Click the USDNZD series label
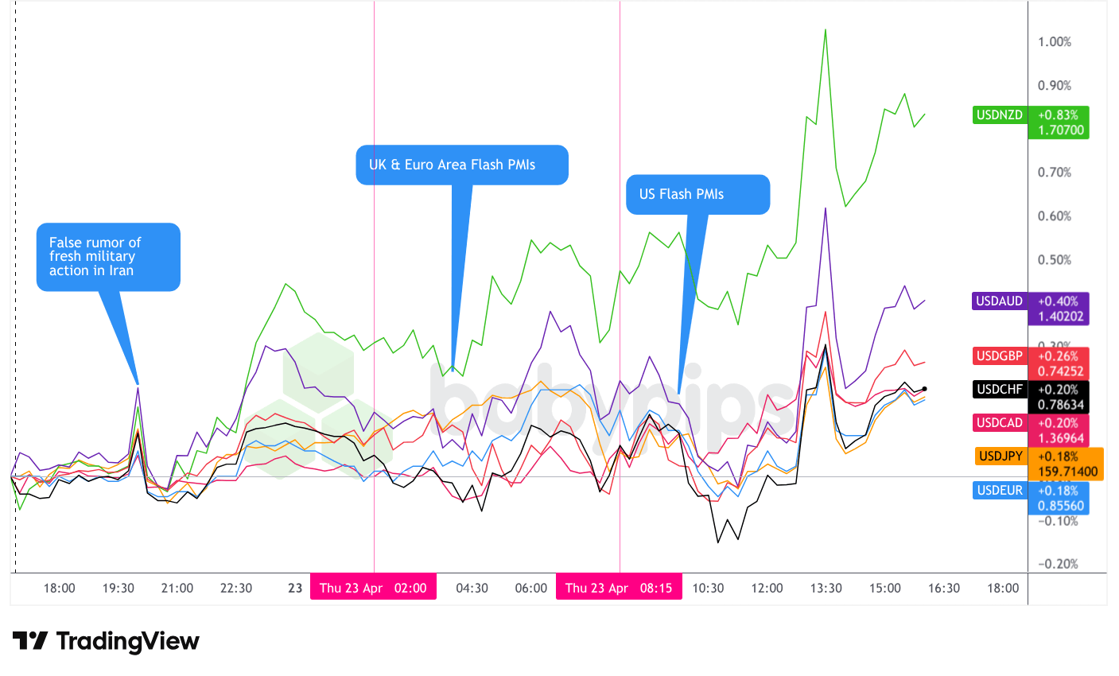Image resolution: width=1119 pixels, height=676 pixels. coord(1000,115)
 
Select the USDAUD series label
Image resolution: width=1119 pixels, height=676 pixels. coord(1000,301)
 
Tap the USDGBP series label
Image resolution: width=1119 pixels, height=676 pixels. coord(1000,355)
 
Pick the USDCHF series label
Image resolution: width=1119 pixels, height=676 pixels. coord(1000,390)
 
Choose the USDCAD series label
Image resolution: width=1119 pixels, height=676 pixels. coord(1000,423)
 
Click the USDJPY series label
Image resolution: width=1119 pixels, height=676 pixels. coord(1000,456)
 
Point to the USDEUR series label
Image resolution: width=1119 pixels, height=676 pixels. coord(1000,490)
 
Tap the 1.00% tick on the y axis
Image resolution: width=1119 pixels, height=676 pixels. coord(1055,42)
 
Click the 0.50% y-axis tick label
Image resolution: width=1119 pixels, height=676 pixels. coord(1055,260)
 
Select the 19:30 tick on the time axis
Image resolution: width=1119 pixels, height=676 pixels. coord(118,589)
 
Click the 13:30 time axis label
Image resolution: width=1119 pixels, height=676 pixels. coord(826,589)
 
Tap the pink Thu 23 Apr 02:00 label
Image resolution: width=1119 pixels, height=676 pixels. coord(373,589)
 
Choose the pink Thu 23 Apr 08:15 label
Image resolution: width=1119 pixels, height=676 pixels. coord(619,589)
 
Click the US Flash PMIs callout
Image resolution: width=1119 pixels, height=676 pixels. coord(697,194)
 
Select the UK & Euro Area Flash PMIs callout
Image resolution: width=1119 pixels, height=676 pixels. coord(461,165)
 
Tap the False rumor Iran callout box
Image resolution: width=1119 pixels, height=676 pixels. coord(108,256)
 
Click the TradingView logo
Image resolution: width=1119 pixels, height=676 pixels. coord(106,641)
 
